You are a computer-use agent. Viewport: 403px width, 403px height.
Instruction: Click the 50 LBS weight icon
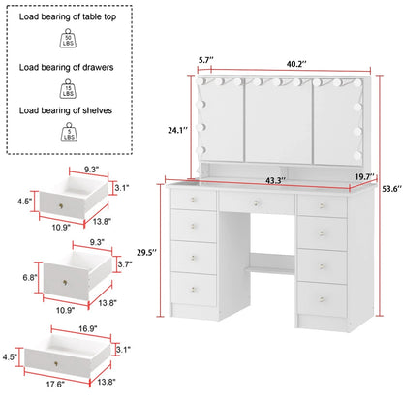click(68, 39)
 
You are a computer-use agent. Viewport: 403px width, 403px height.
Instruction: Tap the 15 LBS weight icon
click(68, 89)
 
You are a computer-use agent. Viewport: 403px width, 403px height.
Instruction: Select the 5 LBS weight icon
click(69, 132)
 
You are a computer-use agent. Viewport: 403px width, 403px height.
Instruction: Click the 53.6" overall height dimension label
click(392, 189)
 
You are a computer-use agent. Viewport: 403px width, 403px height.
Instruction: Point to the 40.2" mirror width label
click(296, 64)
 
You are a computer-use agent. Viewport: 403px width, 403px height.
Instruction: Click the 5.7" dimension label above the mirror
click(206, 60)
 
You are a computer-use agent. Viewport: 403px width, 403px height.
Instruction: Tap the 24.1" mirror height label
click(177, 130)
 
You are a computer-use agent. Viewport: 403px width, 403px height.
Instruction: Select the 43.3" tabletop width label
click(275, 180)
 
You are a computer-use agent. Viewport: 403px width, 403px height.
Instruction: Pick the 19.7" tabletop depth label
click(364, 176)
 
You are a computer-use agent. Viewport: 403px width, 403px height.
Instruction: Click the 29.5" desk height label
click(146, 252)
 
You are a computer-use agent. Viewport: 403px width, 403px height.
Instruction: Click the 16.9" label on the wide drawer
click(88, 328)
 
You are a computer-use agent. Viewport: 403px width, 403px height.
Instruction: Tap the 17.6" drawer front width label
click(55, 384)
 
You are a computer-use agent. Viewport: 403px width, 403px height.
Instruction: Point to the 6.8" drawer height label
click(30, 277)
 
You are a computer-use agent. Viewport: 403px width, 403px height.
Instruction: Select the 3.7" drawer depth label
click(125, 264)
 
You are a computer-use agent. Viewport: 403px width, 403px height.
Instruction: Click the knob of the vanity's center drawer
click(256, 202)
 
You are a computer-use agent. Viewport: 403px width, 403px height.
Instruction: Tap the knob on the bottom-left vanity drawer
click(193, 289)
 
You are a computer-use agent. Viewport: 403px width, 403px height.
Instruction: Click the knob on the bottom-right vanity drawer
click(322, 299)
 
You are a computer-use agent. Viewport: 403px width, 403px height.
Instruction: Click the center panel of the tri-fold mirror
click(278, 121)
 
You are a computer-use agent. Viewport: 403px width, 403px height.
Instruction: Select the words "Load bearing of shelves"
click(66, 110)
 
